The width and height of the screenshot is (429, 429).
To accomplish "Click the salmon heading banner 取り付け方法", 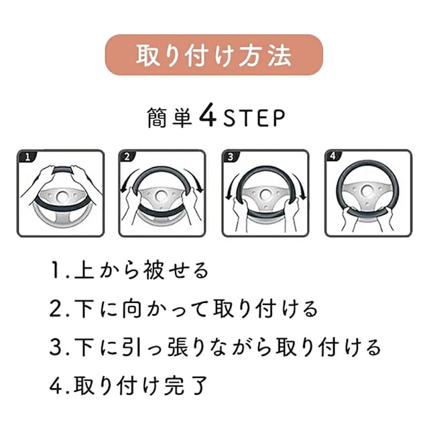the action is [214, 55].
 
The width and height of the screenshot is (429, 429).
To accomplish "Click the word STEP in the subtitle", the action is [254, 118].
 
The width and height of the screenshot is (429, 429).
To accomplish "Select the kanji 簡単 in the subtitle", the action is [170, 118].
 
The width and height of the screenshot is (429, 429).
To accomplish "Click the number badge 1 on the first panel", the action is [27, 157].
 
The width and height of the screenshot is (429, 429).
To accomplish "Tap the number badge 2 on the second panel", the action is [127, 156].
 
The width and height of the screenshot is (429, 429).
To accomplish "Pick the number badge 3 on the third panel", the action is [231, 156].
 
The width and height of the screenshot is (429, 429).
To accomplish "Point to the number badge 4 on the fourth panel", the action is [332, 156].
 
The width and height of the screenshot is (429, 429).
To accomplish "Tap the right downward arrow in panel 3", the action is [300, 186].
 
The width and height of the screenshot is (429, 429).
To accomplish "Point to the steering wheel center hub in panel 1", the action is [63, 196].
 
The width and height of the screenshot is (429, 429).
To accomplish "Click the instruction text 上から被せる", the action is [141, 271].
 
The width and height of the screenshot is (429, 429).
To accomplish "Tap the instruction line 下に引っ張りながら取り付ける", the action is [228, 347].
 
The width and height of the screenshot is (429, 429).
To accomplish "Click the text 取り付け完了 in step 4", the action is [140, 386].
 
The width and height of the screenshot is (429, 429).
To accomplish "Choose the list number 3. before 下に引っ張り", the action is [60, 348].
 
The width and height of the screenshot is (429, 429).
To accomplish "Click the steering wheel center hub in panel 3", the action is [264, 194].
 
